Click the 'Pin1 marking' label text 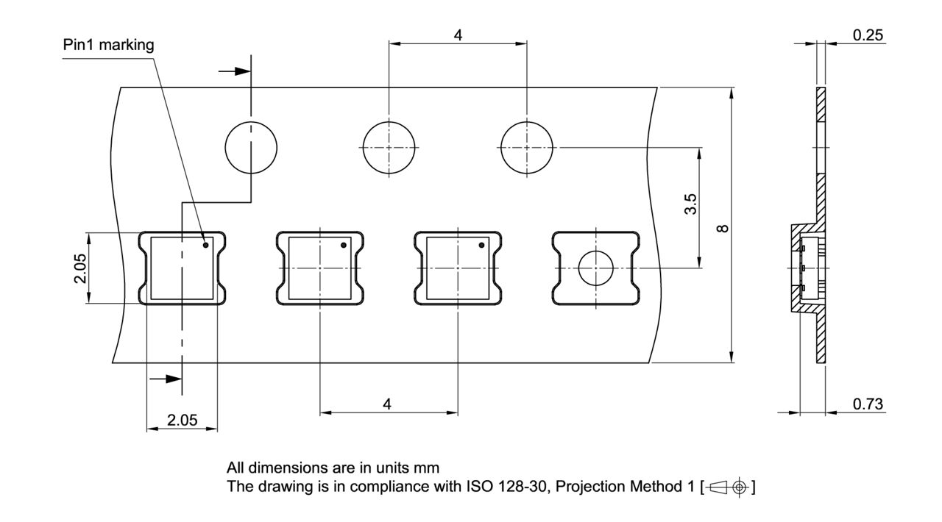point(108,46)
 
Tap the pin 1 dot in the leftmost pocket point(207,245)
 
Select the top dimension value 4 point(458,35)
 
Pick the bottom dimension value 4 point(388,404)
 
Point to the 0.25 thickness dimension point(868,35)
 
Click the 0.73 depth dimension point(868,404)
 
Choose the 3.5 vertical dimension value point(690,205)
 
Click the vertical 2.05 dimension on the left point(79,268)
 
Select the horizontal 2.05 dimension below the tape point(182,421)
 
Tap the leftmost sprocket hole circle point(252,147)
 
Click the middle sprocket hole point(389,147)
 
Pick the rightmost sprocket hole point(526,147)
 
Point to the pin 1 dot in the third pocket point(482,245)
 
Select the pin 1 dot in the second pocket point(344,245)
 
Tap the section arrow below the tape point(166,379)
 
